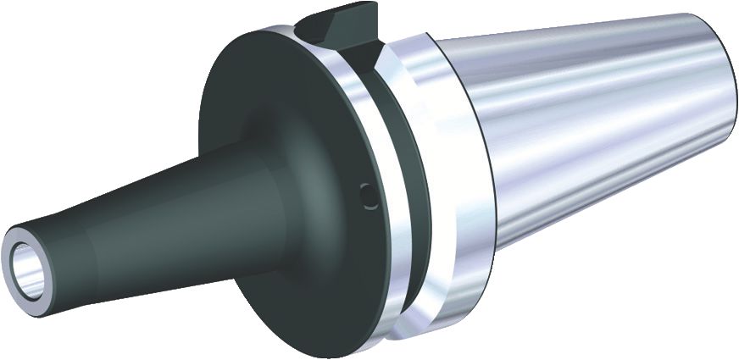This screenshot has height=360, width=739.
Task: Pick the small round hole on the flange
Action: (365, 196)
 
